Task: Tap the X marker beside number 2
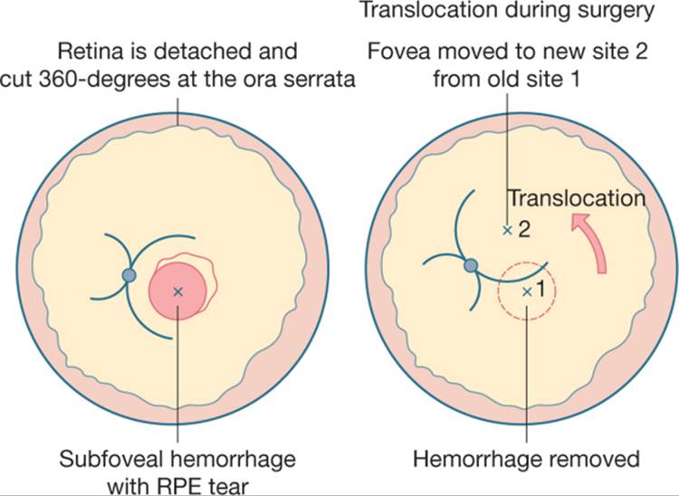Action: click(507, 230)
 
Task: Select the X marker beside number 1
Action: click(527, 292)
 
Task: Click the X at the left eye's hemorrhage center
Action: click(177, 291)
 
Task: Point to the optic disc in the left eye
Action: click(129, 275)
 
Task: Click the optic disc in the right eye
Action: click(471, 265)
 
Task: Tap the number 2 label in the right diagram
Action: click(524, 230)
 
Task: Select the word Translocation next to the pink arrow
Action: click(577, 198)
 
